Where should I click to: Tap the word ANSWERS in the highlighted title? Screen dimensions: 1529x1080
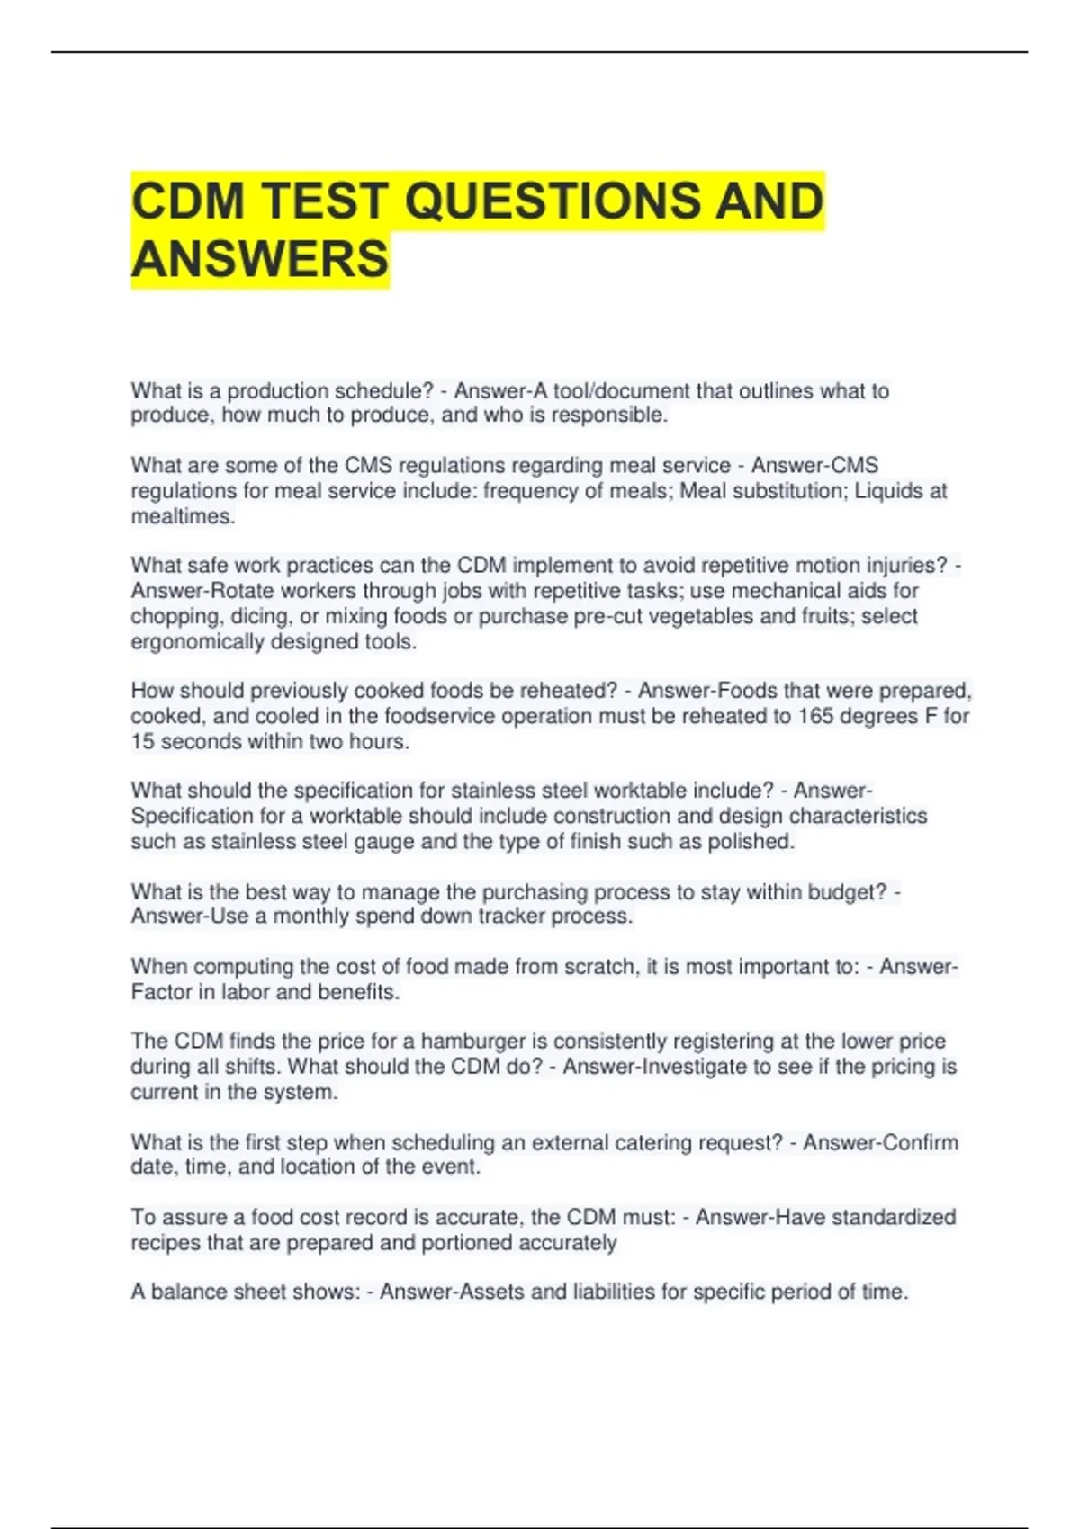260,259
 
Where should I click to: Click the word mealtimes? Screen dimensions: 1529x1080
183,516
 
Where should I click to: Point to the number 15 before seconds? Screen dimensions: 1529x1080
143,742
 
